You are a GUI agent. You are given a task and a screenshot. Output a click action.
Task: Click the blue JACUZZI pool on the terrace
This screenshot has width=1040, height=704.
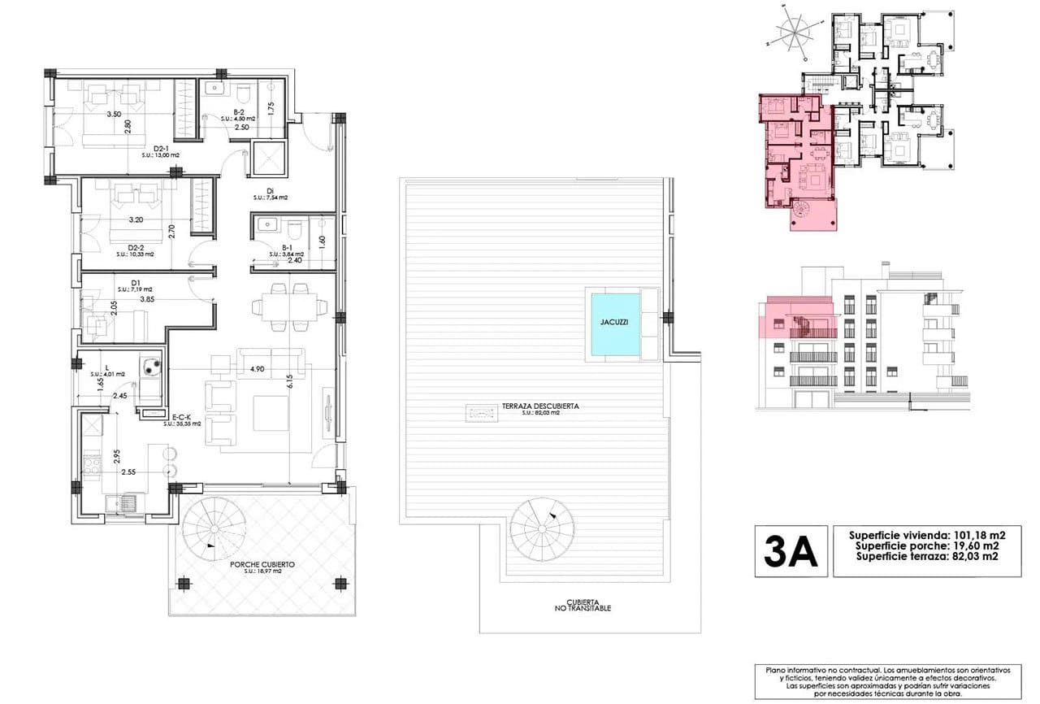tap(615, 323)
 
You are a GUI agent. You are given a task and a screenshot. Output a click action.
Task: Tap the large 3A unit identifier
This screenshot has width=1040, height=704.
tap(791, 552)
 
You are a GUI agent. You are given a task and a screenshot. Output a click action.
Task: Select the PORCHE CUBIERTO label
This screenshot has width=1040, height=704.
tap(262, 563)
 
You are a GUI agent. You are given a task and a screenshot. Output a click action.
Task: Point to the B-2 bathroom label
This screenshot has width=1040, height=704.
tap(239, 112)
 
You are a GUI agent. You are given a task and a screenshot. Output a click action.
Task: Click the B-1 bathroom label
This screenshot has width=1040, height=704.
tap(287, 247)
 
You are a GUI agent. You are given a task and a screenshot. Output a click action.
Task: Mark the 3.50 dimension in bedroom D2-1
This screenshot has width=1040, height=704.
tap(114, 115)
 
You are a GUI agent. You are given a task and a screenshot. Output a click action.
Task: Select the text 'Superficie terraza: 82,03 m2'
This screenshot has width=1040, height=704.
tap(925, 557)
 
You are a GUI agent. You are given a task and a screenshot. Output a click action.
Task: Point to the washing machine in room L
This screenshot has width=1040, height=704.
tap(150, 367)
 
